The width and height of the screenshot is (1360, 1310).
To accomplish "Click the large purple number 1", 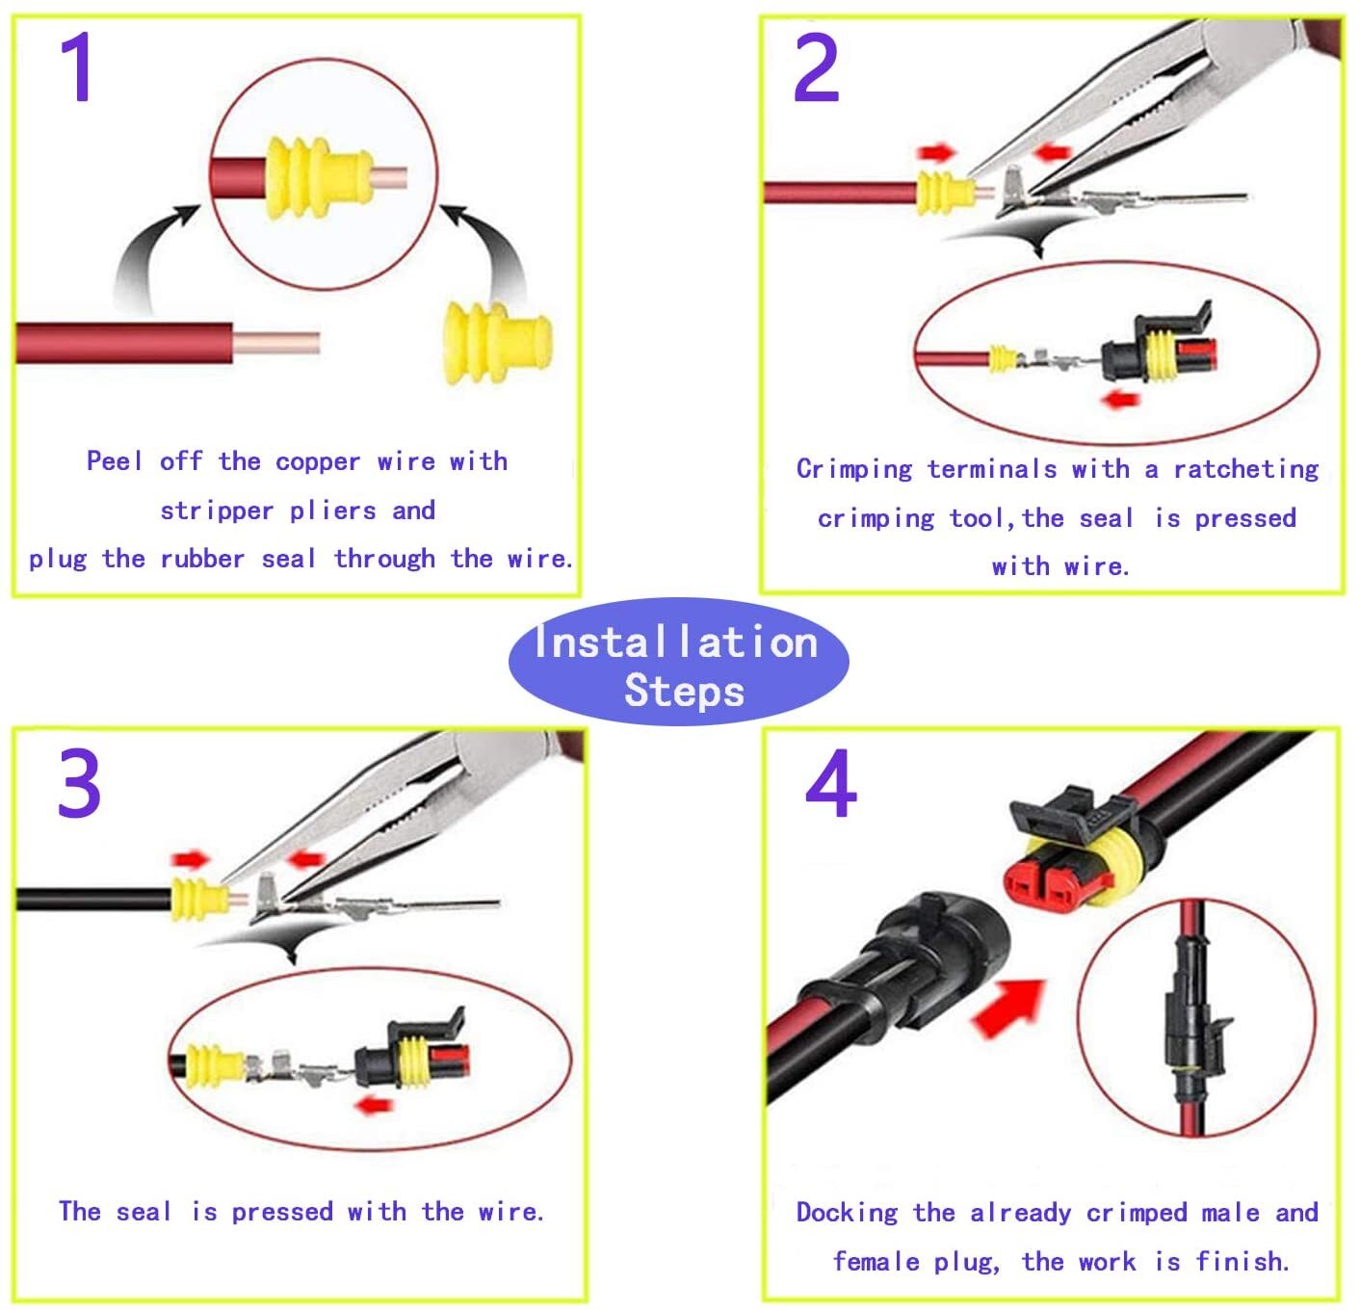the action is click(76, 67).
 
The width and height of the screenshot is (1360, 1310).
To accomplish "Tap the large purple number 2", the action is click(816, 67).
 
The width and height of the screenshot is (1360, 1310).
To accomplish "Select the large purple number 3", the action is click(79, 782).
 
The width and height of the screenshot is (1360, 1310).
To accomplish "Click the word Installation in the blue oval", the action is click(676, 642).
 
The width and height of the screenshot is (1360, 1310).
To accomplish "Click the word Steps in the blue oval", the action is click(684, 691).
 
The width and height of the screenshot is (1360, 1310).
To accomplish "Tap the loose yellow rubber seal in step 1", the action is click(498, 343).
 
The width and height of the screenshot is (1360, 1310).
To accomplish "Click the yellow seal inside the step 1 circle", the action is click(319, 178).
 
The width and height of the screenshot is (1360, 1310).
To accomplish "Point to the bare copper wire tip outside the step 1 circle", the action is click(276, 343).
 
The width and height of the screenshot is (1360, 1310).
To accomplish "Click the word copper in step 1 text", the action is click(318, 462).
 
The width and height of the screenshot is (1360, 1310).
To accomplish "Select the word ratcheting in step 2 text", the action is click(1245, 469).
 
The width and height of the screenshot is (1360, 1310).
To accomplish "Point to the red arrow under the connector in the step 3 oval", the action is click(375, 1105).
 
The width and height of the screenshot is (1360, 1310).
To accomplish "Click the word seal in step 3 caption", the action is click(144, 1212).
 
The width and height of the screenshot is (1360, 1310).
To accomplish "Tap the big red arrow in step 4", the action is click(1008, 1007).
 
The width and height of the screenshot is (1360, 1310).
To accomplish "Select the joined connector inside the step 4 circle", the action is click(1196, 1016).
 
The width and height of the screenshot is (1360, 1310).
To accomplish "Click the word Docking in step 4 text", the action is click(847, 1213).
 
